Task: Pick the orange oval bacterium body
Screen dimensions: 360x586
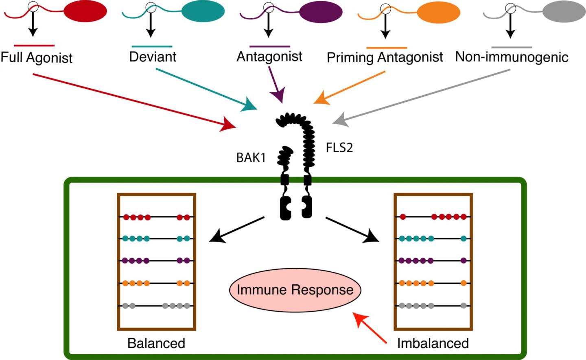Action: coord(438,12)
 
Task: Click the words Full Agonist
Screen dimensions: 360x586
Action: coord(36,57)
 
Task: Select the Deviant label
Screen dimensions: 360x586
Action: coord(153,57)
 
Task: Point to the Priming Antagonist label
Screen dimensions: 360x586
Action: coord(385,57)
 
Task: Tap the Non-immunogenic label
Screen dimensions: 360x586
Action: coord(512,57)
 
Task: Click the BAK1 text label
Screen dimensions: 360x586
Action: coord(251,157)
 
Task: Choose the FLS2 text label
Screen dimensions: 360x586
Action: coord(339,147)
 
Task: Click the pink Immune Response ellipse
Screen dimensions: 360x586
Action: coord(295,290)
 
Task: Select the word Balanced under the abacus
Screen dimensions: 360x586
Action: coord(156,343)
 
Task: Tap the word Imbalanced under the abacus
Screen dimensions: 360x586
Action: coord(433,343)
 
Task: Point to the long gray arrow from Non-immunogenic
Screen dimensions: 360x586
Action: coord(421,96)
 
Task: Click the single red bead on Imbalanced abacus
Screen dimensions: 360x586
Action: coord(403,217)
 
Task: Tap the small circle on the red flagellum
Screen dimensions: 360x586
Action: coord(34,7)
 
